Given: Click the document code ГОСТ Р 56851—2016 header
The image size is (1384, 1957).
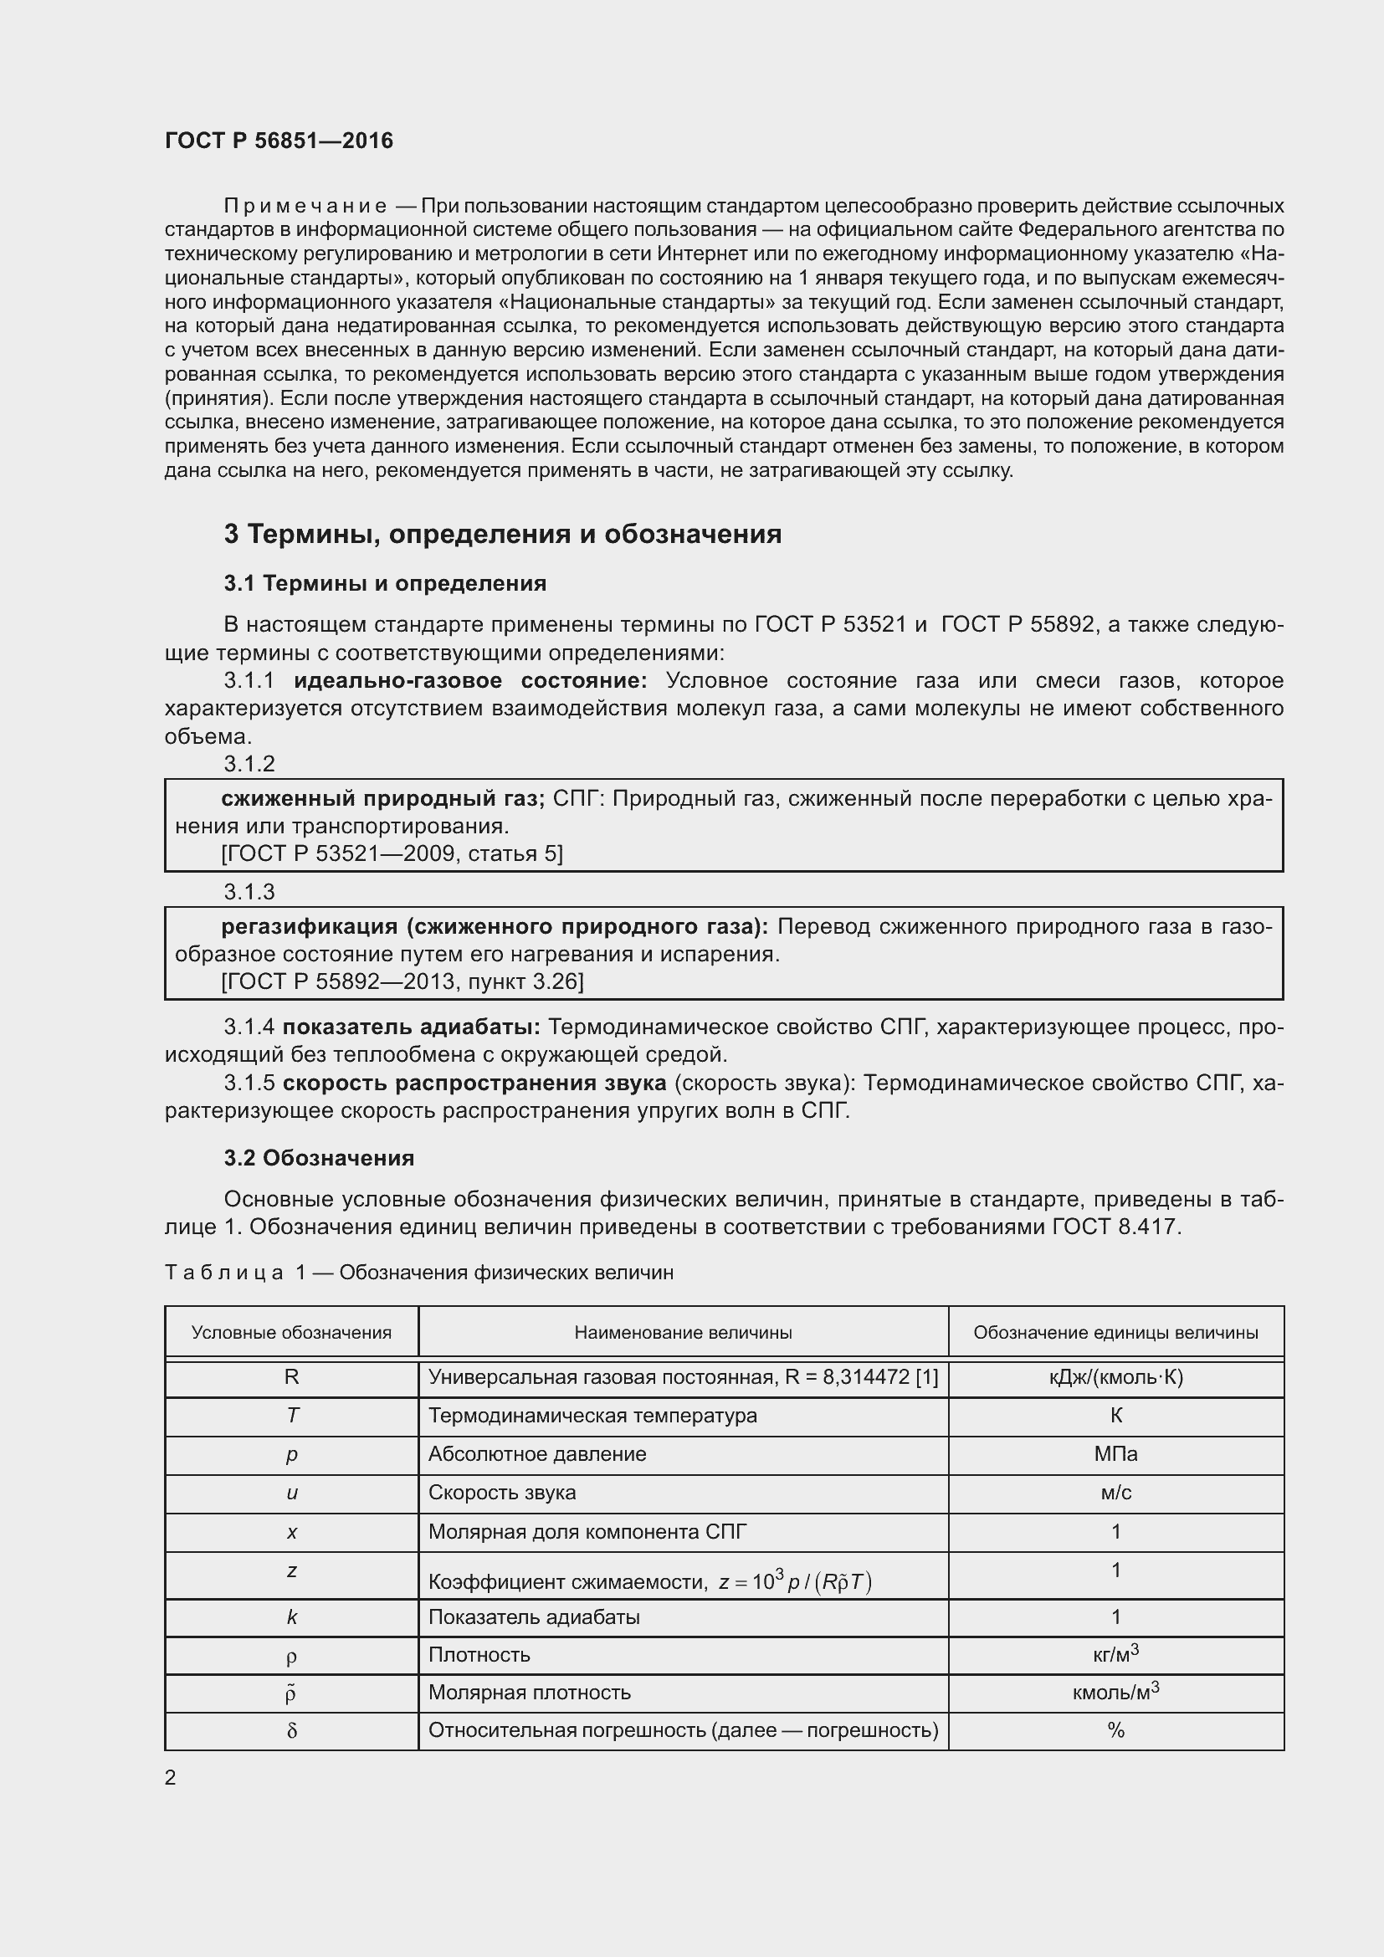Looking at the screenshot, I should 279,141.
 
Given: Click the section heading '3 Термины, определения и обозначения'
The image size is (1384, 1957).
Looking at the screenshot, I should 503,535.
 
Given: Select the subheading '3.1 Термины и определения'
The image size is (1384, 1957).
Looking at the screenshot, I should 385,584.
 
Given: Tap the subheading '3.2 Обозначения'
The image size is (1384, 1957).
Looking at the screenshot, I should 319,1158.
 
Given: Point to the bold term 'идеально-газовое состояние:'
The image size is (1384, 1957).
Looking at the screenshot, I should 470,681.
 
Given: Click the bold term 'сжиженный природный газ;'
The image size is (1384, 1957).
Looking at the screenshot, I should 382,799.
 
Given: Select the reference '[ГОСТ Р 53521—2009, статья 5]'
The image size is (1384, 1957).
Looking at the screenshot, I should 392,854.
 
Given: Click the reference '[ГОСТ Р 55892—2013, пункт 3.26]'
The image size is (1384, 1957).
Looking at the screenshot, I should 402,982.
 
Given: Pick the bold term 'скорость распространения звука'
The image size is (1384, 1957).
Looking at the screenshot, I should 474,1084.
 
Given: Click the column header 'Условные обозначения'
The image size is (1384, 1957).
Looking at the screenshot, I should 291,1333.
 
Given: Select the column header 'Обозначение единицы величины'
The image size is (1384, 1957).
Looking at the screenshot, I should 1115,1333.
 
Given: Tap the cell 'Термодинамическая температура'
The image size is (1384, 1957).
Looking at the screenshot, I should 592,1416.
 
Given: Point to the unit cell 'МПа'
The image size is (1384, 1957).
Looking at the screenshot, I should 1115,1454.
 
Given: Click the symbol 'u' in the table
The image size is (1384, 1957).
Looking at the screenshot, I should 291,1493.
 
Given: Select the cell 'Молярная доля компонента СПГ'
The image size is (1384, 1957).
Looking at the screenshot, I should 587,1532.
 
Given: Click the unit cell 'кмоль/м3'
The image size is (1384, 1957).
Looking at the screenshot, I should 1115,1693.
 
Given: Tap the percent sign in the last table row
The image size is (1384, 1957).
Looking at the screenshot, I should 1115,1731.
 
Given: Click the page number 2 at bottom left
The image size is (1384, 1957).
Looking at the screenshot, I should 171,1778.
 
